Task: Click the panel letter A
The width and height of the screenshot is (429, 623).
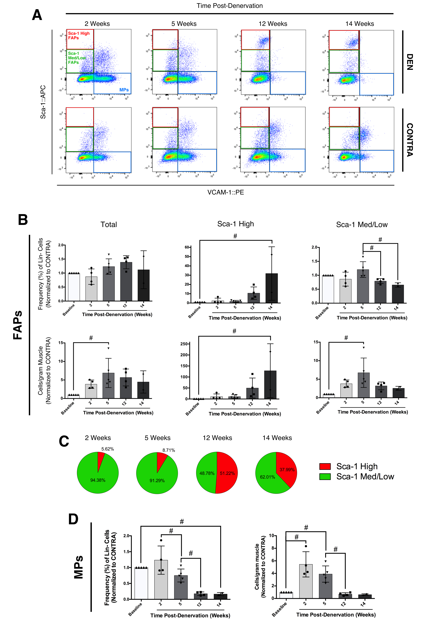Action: tap(37, 15)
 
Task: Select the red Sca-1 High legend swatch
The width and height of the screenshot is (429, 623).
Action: tap(325, 466)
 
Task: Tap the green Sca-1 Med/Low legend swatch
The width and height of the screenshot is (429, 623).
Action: tap(325, 477)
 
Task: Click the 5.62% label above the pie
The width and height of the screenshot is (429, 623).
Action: tap(107, 449)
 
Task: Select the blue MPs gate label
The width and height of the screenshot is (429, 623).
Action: tap(124, 90)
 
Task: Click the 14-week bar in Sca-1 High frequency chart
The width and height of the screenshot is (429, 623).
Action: tap(272, 288)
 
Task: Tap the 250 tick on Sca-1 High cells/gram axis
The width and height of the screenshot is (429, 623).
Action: tap(184, 344)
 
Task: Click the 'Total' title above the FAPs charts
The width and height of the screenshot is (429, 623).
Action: tap(109, 225)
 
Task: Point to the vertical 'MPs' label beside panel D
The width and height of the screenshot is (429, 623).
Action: tap(78, 567)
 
